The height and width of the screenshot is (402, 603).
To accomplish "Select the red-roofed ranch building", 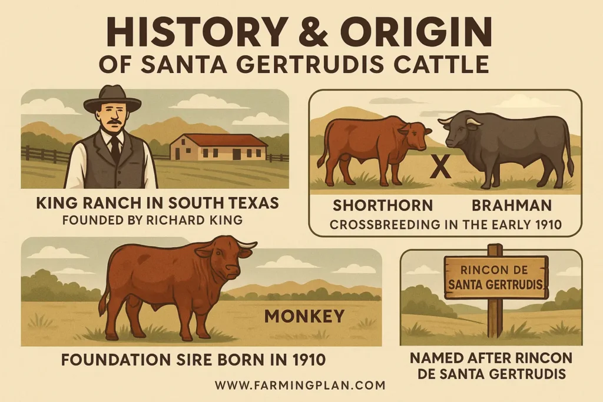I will click(x=218, y=147).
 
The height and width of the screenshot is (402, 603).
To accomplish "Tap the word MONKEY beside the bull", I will click(x=304, y=316).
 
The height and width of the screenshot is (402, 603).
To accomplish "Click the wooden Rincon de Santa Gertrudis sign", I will click(x=496, y=277).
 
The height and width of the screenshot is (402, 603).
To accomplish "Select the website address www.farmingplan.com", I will click(x=300, y=386).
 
